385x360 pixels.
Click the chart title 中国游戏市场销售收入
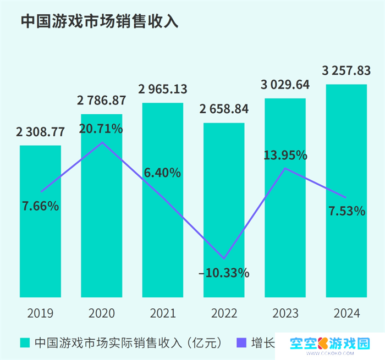[x=100, y=21]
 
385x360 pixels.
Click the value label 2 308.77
[x=40, y=132]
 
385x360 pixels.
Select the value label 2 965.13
[x=163, y=89]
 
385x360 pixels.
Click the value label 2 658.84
[x=224, y=109]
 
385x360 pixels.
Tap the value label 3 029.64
[x=285, y=85]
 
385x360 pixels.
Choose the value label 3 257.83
[x=346, y=70]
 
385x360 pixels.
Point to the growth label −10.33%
[x=224, y=273]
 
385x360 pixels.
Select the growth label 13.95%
[x=285, y=156]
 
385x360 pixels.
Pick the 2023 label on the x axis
[x=285, y=314]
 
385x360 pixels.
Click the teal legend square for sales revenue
[x=25, y=343]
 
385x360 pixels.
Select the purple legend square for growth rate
[x=240, y=343]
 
